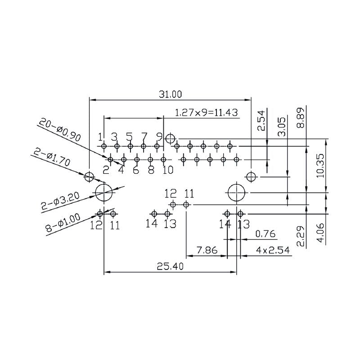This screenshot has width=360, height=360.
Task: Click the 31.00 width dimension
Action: point(170,94)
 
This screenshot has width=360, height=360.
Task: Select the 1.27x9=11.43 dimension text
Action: point(206,112)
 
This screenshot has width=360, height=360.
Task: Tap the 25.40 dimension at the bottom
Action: point(170,266)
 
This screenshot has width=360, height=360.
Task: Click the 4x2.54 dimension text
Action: point(272,250)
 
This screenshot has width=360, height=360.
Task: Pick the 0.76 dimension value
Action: point(265,234)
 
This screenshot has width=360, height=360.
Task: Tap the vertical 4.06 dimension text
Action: point(320,233)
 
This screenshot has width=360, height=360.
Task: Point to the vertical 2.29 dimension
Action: point(301,236)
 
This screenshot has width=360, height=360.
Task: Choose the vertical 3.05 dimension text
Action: point(282,126)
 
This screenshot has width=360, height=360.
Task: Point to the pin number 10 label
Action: point(167,170)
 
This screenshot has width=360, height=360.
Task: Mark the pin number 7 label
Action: point(144,136)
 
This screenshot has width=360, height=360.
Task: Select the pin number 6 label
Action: point(136,170)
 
